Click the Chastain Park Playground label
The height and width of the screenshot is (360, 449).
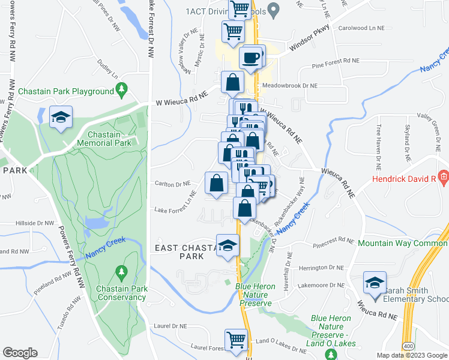coord(66,91)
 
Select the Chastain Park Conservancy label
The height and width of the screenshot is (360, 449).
coord(122,293)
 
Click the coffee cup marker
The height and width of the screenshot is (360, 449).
coord(251,58)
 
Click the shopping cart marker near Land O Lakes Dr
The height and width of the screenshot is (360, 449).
coord(237,340)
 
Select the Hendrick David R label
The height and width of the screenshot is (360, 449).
coord(405,179)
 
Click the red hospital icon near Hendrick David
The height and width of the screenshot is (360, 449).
coord(444,178)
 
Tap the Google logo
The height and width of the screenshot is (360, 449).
coord(20,353)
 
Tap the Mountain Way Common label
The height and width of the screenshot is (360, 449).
coord(403,243)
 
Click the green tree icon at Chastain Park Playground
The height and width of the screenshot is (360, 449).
coord(122,91)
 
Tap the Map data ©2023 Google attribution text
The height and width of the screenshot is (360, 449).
coord(411,355)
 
